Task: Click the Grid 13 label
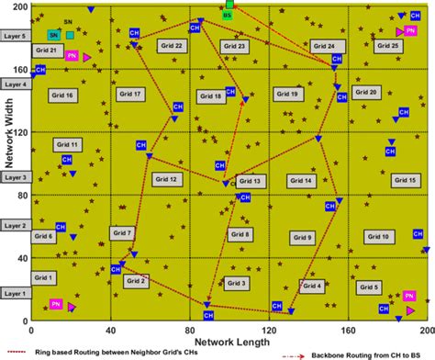[250, 182]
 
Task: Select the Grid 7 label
[122, 233]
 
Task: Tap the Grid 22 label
[173, 46]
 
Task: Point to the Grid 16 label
[62, 96]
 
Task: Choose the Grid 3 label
[236, 283]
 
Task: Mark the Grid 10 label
[377, 237]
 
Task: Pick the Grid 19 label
[287, 94]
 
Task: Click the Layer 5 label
[15, 36]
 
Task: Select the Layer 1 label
[15, 293]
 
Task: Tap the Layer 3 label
[15, 177]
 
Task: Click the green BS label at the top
[228, 17]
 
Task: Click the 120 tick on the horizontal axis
[269, 330]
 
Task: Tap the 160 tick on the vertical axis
[20, 68]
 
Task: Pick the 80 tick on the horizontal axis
[190, 330]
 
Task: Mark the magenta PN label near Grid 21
[72, 56]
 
